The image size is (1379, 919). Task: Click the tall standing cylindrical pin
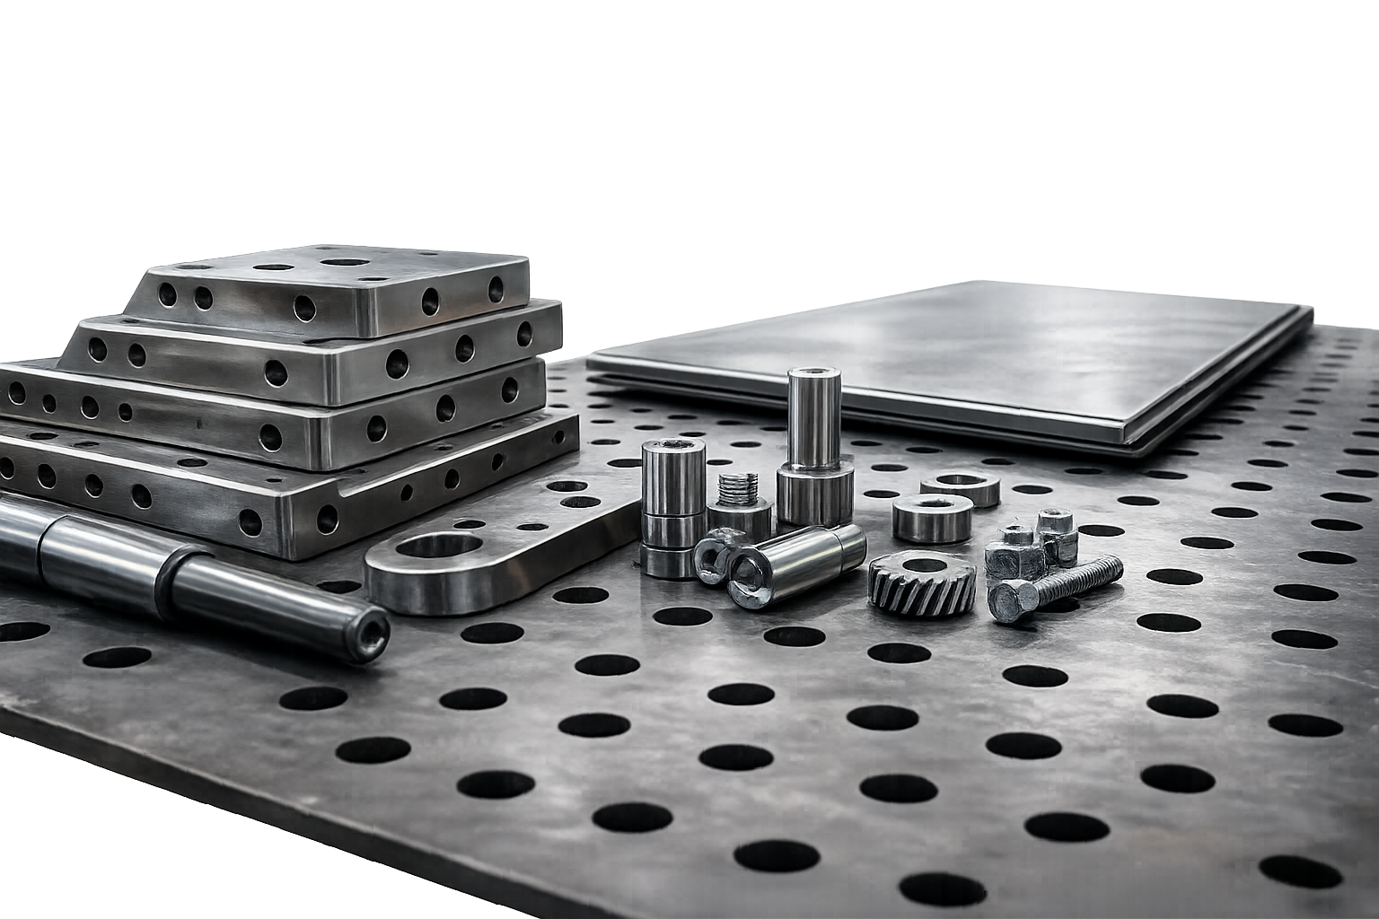(814, 418)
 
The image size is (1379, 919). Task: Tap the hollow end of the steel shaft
(369, 632)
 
